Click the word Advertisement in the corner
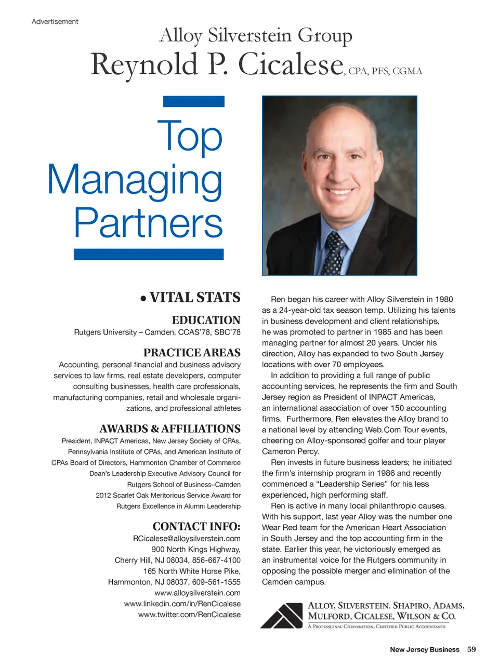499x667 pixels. point(55,21)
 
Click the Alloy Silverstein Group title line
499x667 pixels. point(255,35)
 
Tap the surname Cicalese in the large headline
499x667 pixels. point(291,65)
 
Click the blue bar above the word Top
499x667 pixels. point(193,101)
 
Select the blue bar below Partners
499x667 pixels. point(149,254)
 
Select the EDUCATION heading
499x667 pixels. point(206,320)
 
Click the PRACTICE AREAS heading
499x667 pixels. point(192,353)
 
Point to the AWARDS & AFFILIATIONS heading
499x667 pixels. point(170,429)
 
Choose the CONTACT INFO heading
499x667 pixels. point(196,526)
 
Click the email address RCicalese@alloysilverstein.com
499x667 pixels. point(187,538)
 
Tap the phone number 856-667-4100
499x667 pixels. point(216,560)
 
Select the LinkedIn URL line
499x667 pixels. point(182,604)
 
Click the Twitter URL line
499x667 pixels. point(189,615)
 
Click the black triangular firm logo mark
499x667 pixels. point(281,616)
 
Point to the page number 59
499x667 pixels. point(471,649)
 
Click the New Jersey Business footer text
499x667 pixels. point(424,649)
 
